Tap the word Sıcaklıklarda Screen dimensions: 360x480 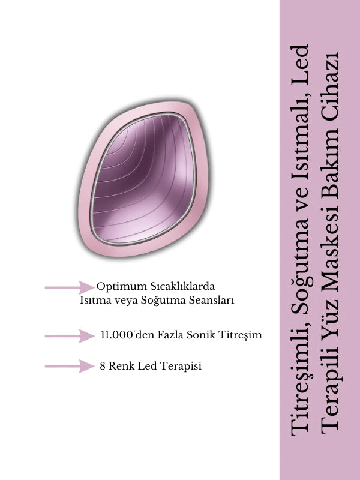coord(182,286)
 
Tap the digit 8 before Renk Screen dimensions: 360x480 coord(103,366)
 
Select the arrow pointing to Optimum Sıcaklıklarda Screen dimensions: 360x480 coord(70,287)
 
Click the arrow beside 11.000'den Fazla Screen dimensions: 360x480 coord(70,336)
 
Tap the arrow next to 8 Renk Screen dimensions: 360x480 coord(70,366)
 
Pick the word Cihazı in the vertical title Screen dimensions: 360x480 coord(330,86)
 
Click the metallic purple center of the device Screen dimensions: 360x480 coord(143,178)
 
